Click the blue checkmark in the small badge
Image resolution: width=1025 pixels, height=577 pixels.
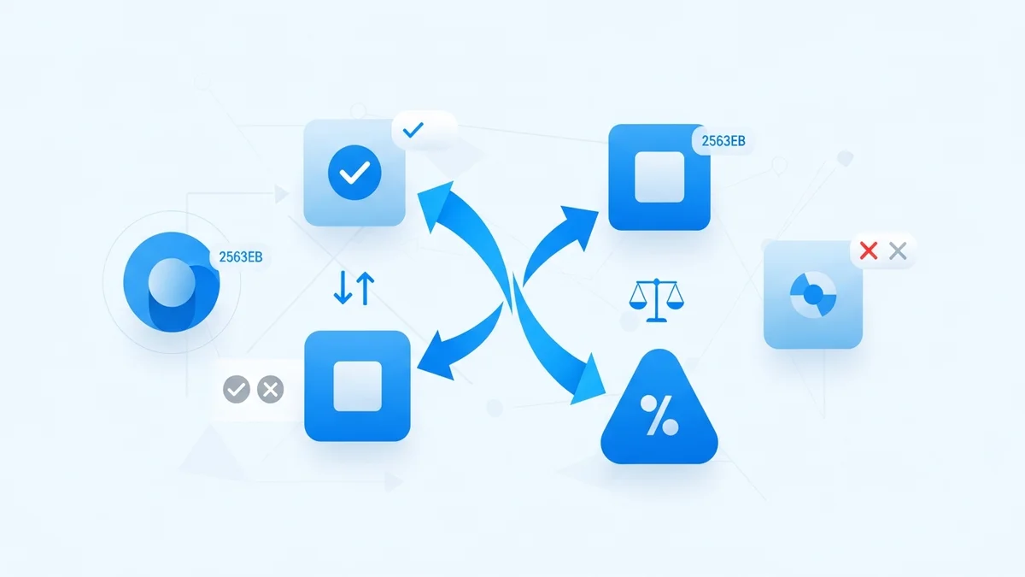point(413,131)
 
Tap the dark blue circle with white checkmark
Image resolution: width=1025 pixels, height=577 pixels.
point(354,174)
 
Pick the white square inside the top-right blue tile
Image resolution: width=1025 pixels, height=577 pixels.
point(659,178)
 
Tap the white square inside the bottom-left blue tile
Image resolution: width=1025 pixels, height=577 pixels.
point(357,386)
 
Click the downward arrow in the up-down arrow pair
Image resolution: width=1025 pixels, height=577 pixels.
point(343,290)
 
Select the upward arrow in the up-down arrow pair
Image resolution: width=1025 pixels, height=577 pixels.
point(365,289)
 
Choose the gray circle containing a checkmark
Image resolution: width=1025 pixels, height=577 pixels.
point(237,390)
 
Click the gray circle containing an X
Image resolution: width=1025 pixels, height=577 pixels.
point(270,390)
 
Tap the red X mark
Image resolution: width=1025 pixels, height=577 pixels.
point(868,251)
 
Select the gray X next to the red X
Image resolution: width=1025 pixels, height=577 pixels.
point(897,251)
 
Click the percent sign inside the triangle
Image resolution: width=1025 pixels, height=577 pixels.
point(659,416)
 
